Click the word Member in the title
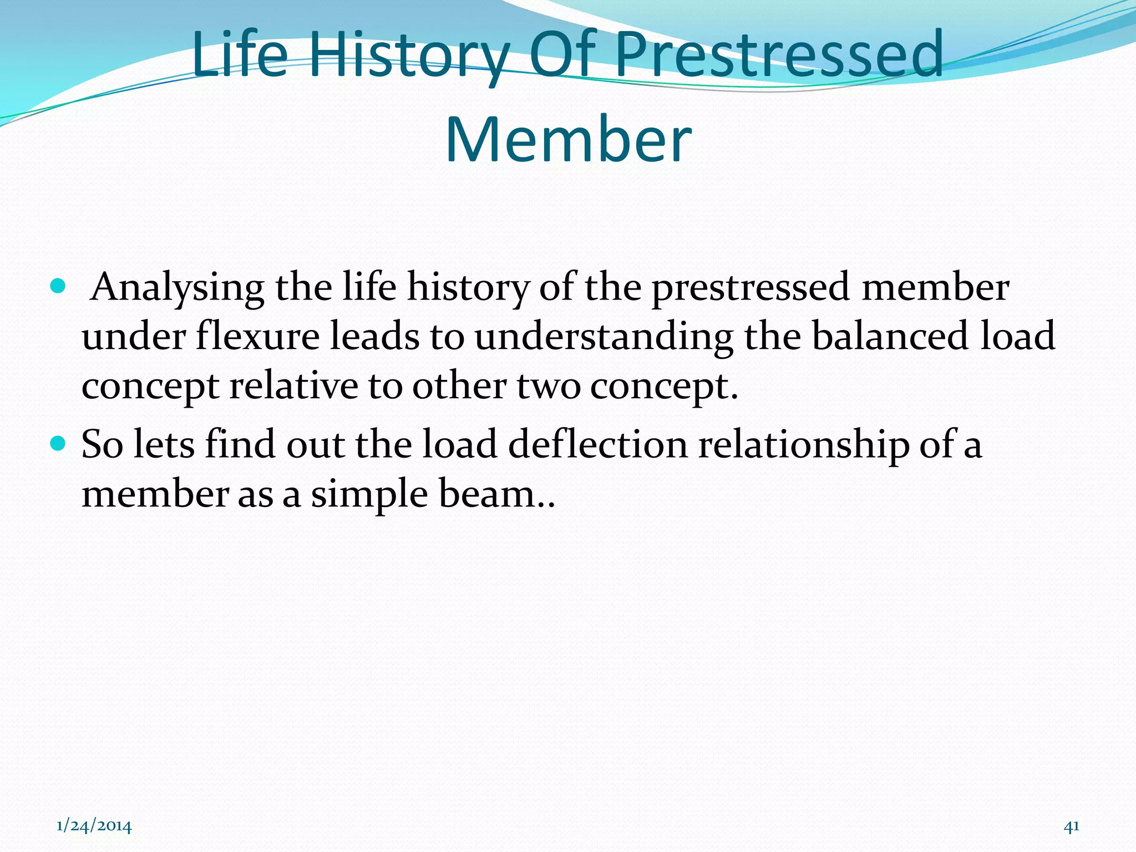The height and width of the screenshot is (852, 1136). (x=568, y=140)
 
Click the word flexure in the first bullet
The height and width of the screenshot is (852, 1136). (x=257, y=337)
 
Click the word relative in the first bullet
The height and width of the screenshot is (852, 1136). (x=293, y=386)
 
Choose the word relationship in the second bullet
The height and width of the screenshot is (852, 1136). (x=803, y=445)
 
